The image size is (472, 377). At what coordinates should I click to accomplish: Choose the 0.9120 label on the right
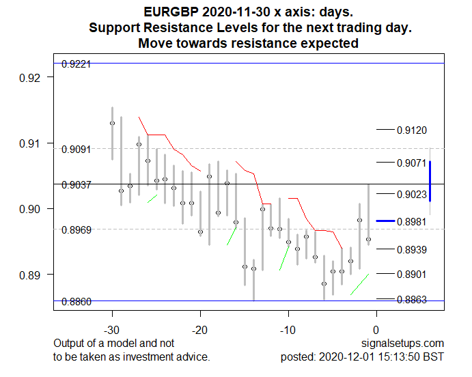tap(412, 130)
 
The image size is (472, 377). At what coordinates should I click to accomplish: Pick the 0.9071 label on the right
tap(412, 163)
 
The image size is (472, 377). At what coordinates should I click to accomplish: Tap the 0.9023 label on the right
tap(412, 195)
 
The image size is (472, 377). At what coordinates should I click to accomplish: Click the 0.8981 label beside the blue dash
tap(412, 221)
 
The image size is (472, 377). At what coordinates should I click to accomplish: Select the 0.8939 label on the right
tap(412, 249)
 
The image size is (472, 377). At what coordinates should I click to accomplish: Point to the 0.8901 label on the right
tap(412, 275)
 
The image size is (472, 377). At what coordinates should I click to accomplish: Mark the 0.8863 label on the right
tap(412, 299)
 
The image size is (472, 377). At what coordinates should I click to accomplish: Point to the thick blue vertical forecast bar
tap(430, 181)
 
